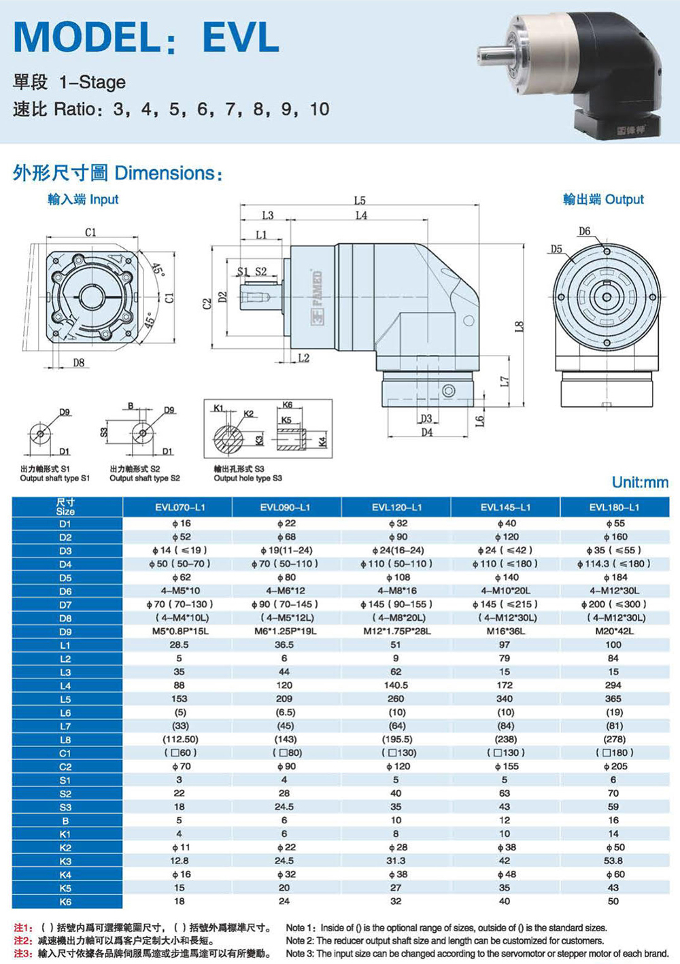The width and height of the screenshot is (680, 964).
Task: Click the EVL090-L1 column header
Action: pos(285,507)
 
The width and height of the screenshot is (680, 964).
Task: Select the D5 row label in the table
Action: pos(65,578)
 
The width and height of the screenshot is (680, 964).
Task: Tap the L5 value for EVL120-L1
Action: pos(396,699)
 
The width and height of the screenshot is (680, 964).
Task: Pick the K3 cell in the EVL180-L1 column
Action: pos(613,861)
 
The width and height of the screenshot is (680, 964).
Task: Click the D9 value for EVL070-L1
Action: pos(179,632)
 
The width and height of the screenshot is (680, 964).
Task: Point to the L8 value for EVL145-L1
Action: pos(505,740)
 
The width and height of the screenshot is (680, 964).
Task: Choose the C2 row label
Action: pos(65,766)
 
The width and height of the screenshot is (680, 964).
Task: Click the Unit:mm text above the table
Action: pos(641,483)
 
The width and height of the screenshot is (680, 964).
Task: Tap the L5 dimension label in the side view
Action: pos(360,201)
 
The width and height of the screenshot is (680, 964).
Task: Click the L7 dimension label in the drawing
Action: pos(505,381)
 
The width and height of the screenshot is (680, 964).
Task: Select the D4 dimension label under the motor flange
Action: pos(426,432)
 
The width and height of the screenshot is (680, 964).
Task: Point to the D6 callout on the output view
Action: pos(584,232)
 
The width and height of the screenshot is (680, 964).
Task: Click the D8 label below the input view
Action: pos(79,363)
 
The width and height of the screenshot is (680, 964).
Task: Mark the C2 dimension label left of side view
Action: pos(207,304)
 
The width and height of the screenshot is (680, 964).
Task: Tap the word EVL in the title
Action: pos(241,37)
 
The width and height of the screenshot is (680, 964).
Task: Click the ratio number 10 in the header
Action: pos(320,109)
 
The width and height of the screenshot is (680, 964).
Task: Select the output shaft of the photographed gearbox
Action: pos(493,54)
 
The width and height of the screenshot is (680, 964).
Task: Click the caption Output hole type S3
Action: pos(248,478)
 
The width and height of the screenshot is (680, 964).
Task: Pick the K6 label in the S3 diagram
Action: pos(288,405)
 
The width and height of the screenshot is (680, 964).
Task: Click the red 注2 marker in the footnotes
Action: pos(20,941)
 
